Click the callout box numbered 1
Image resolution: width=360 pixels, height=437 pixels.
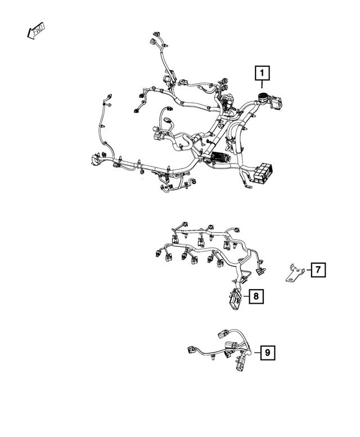tap(262, 73)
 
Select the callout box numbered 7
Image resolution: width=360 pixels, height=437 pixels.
tap(317, 271)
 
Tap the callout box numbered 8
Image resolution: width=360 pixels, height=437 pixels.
tap(255, 295)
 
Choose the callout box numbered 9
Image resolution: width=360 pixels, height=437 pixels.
tap(268, 353)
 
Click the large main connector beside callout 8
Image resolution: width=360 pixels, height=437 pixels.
tap(236, 299)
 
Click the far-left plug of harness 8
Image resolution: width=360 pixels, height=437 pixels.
tap(156, 253)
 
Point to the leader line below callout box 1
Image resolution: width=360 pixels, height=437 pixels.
tap(262, 85)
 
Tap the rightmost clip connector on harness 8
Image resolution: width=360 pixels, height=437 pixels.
tap(260, 272)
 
